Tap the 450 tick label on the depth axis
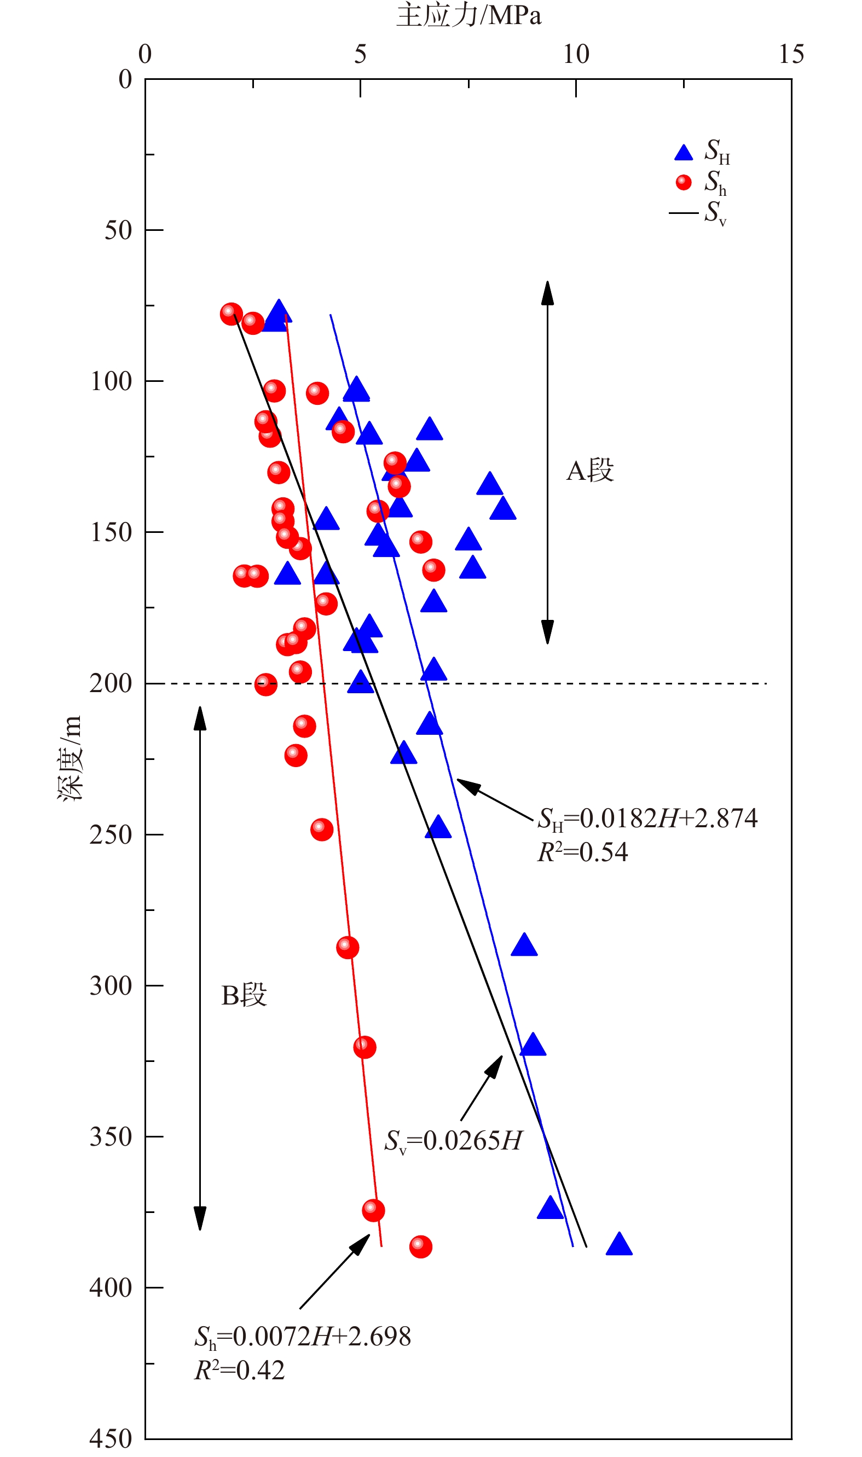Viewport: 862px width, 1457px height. coord(111,1439)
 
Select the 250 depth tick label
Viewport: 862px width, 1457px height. coord(111,834)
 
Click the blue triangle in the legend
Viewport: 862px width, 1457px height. coord(683,153)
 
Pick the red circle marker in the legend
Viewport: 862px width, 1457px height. coord(683,182)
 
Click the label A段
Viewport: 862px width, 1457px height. coord(589,471)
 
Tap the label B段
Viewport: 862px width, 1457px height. coord(244,995)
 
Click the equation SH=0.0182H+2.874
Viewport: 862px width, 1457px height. coord(647,818)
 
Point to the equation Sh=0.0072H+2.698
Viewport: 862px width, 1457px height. coord(303,1336)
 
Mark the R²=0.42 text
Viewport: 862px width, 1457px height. coord(239,1370)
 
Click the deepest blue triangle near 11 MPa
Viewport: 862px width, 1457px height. coord(618,1245)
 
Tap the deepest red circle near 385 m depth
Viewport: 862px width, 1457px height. coord(420,1246)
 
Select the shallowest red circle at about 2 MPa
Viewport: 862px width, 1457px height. coord(231,314)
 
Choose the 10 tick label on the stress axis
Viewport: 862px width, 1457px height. coord(576,55)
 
